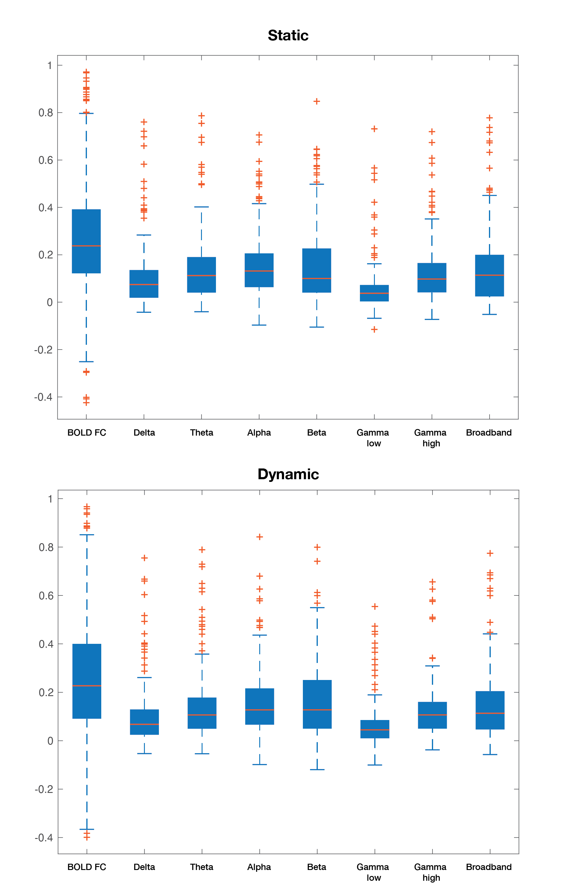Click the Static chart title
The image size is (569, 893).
coord(288,36)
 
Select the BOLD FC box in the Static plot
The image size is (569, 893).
coord(86,241)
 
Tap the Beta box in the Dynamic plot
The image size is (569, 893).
coord(317,704)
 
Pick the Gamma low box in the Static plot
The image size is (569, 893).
coord(374,293)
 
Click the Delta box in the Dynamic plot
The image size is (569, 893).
coord(144,722)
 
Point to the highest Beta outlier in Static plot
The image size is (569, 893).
coord(317,101)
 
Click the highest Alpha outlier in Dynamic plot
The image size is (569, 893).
coord(260,537)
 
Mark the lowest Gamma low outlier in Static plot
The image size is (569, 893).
coord(374,329)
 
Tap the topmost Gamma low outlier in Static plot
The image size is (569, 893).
coord(374,129)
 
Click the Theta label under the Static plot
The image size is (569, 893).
coord(202,432)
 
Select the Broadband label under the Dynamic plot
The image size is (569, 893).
coord(489,867)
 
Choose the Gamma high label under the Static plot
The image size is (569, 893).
coord(430,438)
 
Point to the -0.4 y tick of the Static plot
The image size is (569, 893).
coord(43,397)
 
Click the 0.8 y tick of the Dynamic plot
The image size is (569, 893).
coord(46,547)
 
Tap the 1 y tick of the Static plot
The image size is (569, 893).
coord(49,66)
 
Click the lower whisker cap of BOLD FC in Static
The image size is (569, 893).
coord(86,362)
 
